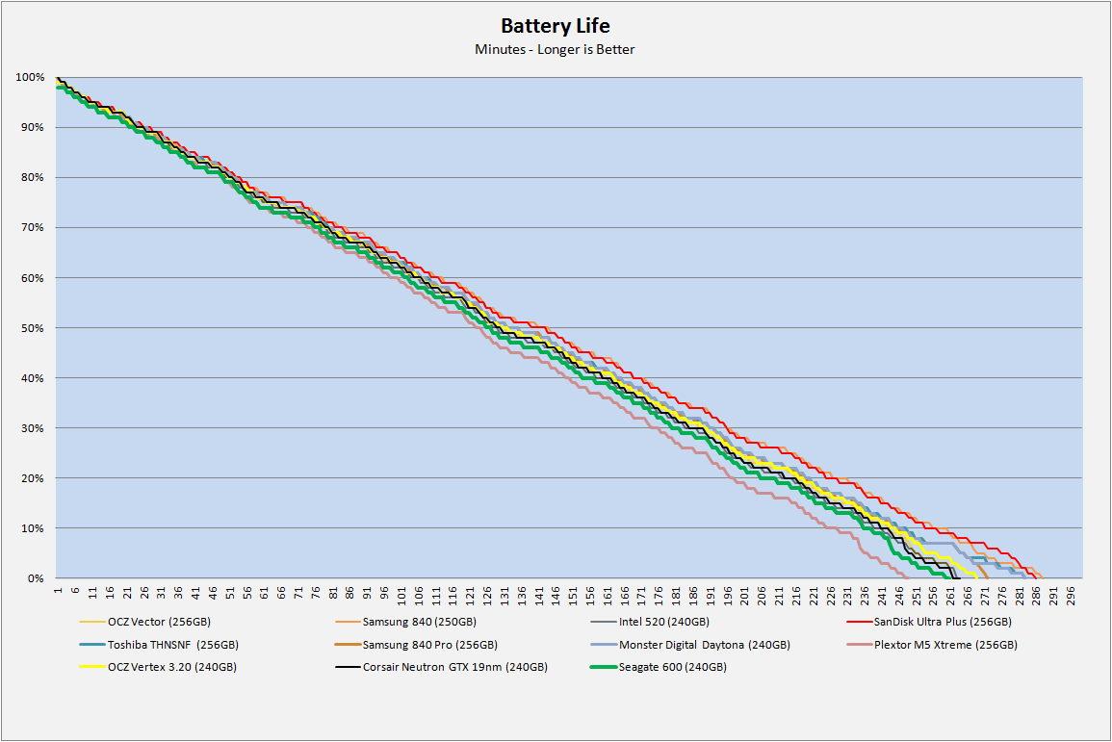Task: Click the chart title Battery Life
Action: coord(555,26)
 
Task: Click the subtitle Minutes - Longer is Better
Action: coord(555,49)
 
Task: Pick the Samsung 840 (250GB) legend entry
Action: coord(418,621)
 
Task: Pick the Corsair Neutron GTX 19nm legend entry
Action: coord(454,667)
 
